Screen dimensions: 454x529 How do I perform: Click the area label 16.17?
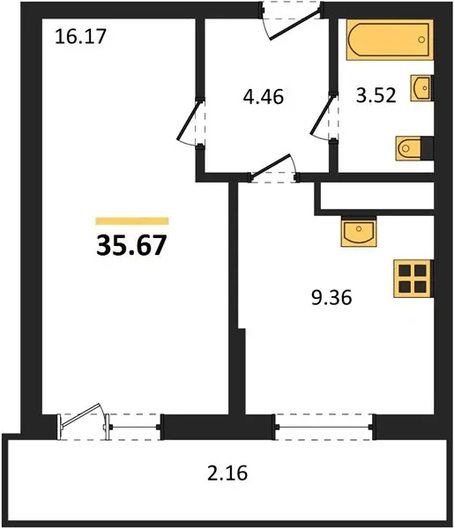coord(80,36)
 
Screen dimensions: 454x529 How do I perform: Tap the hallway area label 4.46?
coord(264,96)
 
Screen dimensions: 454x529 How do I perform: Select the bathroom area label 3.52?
coord(376,95)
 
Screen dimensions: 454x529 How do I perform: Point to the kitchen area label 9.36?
coord(331,298)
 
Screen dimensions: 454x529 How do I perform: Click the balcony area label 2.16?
coord(227,473)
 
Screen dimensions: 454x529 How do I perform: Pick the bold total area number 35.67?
coord(131,245)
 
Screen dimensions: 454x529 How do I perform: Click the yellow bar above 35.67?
coord(132,221)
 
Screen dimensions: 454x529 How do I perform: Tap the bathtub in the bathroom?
coord(390,40)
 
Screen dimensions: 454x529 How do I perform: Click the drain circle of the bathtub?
coord(421,40)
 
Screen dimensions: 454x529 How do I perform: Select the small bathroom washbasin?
coord(421,88)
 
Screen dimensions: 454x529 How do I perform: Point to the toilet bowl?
coord(408,148)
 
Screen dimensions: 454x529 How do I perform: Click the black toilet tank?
coord(427,148)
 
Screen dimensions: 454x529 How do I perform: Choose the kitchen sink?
coord(359,232)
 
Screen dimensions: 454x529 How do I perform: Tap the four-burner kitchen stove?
coord(413,279)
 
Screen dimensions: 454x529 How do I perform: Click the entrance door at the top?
coord(294,26)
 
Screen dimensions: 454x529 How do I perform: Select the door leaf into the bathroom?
coord(322,115)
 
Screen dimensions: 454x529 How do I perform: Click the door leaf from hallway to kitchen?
coord(271,166)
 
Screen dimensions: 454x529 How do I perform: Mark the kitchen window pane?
coord(324,427)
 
